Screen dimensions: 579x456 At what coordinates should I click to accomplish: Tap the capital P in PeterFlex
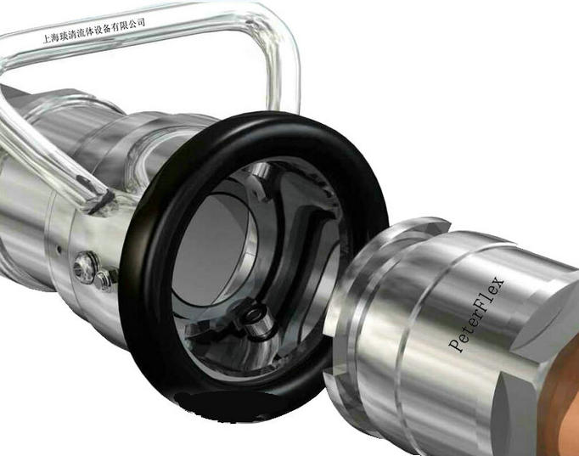(x=456, y=346)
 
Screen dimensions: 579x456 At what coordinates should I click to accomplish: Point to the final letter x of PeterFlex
(x=498, y=283)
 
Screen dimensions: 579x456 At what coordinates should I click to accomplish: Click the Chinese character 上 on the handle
(x=47, y=39)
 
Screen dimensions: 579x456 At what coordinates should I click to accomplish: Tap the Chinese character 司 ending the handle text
(x=140, y=23)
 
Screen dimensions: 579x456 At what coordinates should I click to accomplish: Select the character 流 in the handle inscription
(x=81, y=33)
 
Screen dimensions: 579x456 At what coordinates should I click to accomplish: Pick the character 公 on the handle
(x=132, y=25)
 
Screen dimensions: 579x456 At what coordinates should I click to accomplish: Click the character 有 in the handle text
(x=115, y=27)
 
